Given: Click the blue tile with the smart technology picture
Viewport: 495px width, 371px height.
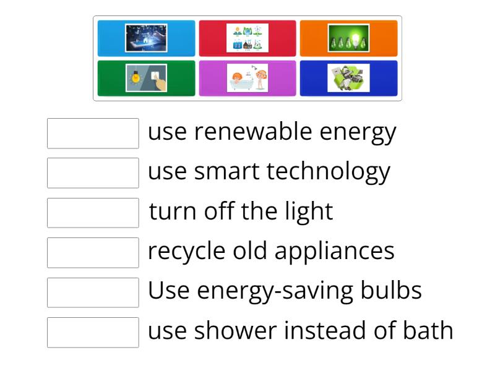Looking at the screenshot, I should [x=146, y=38].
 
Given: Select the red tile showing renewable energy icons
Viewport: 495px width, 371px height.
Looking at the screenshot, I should [x=247, y=38].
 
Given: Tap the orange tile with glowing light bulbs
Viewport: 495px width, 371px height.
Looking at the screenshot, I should [x=348, y=38].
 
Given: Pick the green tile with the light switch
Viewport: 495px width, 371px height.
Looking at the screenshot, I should [x=146, y=78].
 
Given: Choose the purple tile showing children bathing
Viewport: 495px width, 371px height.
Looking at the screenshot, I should [x=247, y=78].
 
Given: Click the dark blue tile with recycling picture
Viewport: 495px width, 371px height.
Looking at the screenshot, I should [x=348, y=78].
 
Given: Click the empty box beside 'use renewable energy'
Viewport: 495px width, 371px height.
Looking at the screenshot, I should [x=93, y=134].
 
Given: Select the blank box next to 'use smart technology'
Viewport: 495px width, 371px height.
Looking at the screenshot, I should [x=93, y=173].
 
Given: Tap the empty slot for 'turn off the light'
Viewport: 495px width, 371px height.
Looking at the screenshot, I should [x=93, y=213].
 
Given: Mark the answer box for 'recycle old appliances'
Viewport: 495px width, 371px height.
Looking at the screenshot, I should [x=93, y=252].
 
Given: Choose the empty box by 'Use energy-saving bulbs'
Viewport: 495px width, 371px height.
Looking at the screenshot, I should [x=93, y=292].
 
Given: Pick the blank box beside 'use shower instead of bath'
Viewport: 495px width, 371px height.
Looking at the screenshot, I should [x=93, y=332].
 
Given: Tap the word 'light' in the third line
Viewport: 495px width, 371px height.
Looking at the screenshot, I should [x=309, y=212].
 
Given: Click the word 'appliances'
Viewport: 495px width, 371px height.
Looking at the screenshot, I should [x=334, y=252].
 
